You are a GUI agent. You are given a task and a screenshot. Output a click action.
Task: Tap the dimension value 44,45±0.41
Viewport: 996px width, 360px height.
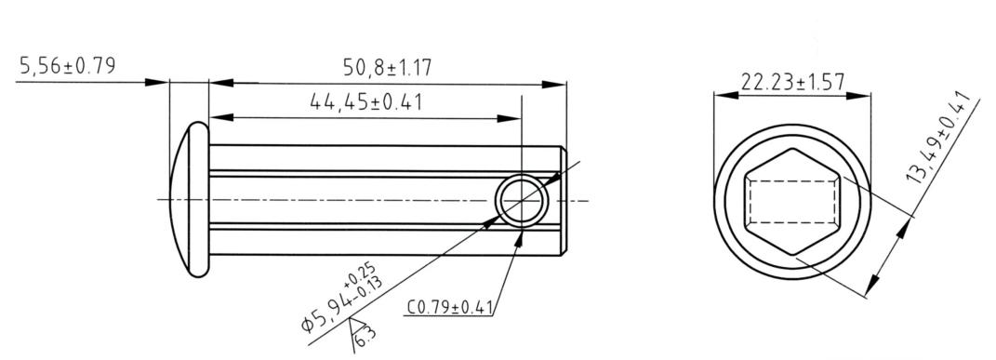365,101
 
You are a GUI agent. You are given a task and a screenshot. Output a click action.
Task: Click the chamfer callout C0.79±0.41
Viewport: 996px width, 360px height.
449,307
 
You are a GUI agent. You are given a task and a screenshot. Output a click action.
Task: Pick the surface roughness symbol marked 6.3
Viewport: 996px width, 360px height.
360,329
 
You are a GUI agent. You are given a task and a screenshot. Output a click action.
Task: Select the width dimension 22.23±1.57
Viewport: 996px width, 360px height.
791,82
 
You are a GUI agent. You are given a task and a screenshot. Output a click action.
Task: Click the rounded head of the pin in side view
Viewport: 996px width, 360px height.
191,199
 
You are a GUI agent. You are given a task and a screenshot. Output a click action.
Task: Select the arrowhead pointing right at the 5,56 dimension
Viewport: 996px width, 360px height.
158,83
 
